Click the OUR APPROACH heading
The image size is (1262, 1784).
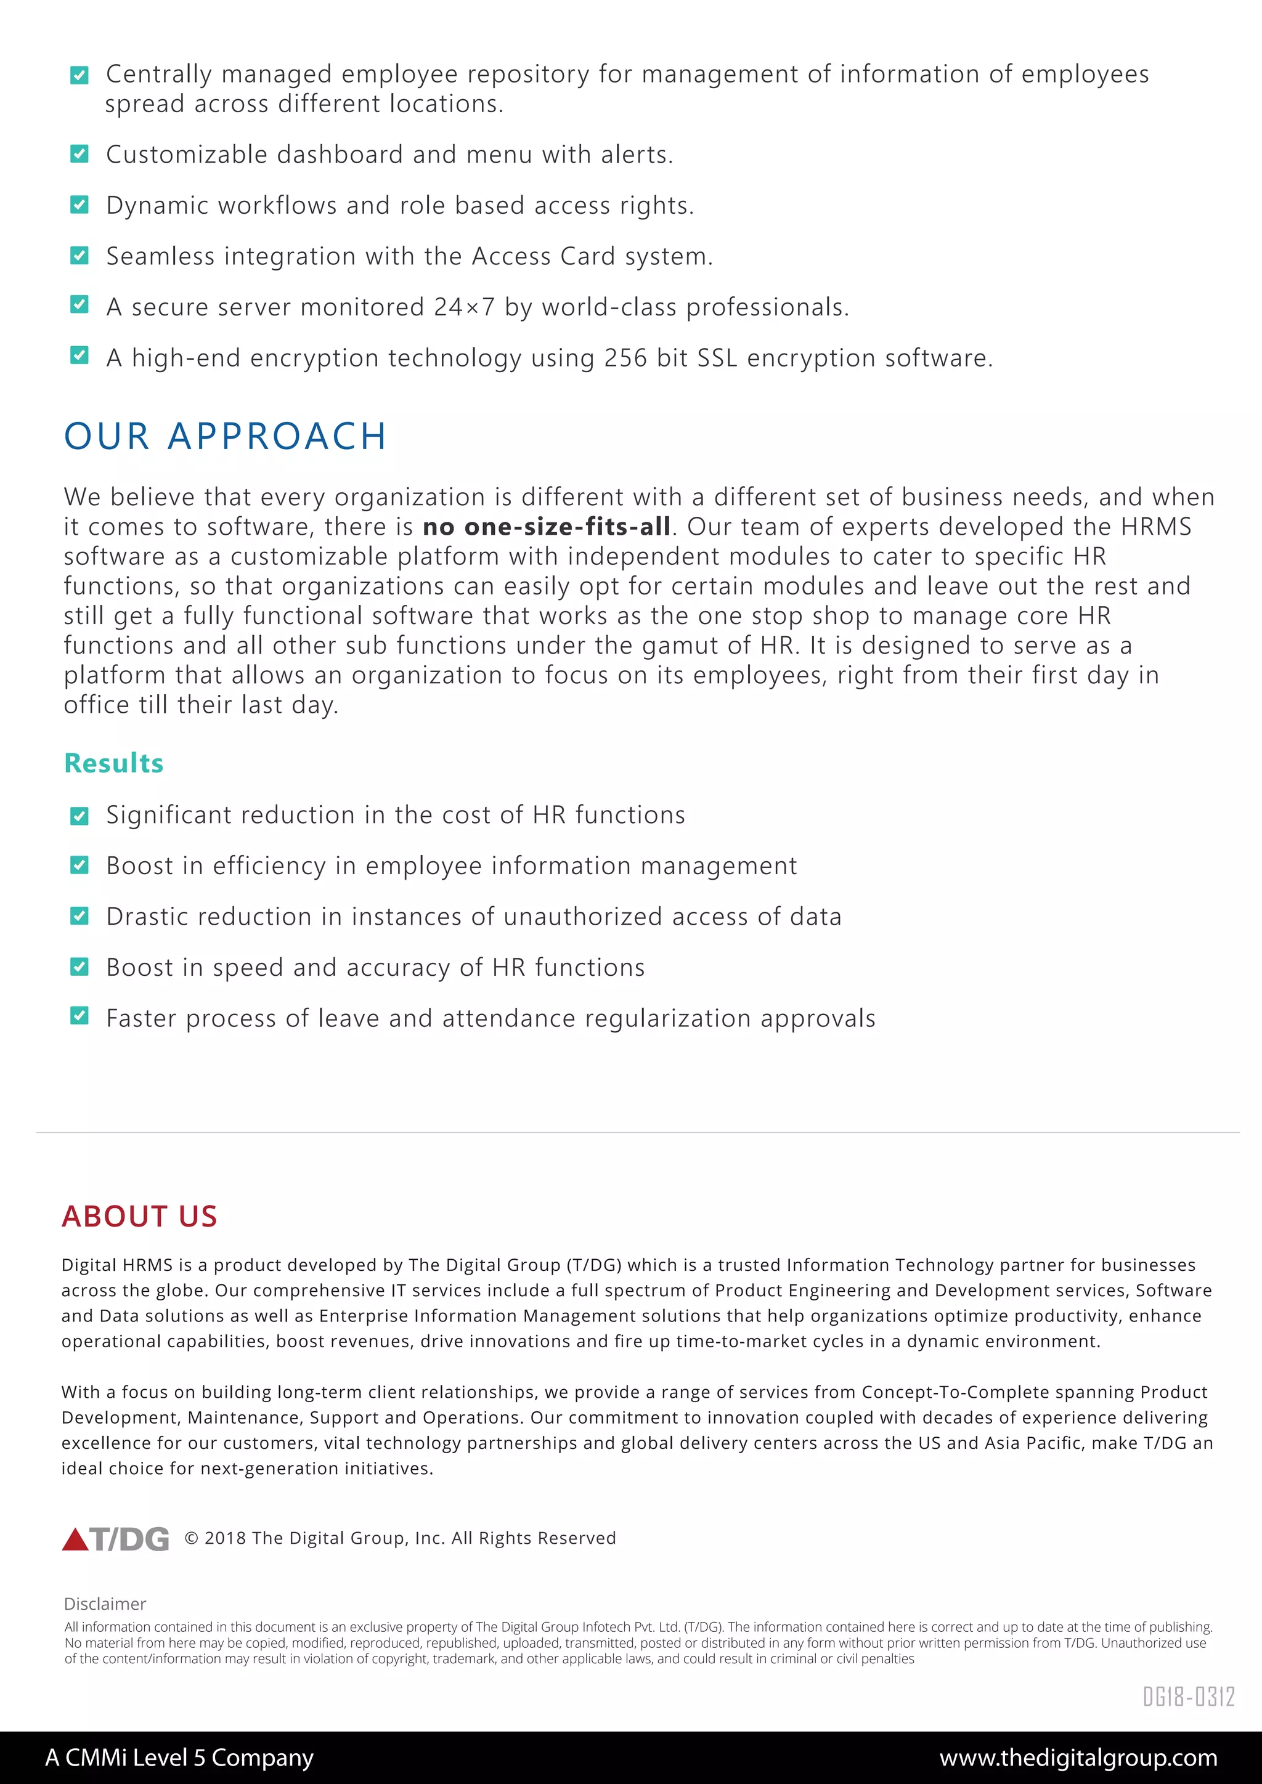(226, 436)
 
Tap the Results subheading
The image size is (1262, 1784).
(113, 763)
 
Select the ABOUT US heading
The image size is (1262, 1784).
(139, 1216)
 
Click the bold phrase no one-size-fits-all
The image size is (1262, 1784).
(547, 527)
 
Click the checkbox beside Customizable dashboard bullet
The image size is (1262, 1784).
(79, 154)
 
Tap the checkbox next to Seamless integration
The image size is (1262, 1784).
(79, 256)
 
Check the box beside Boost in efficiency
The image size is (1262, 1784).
(79, 865)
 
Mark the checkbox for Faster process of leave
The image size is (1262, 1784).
(79, 1016)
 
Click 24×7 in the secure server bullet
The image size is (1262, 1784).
(464, 307)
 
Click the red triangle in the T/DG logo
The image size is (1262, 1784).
(75, 1539)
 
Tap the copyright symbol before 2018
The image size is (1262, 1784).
(191, 1538)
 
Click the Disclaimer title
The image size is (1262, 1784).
(105, 1604)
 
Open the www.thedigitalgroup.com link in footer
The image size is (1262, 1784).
(1078, 1758)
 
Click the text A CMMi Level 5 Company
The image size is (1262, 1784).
(179, 1758)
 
